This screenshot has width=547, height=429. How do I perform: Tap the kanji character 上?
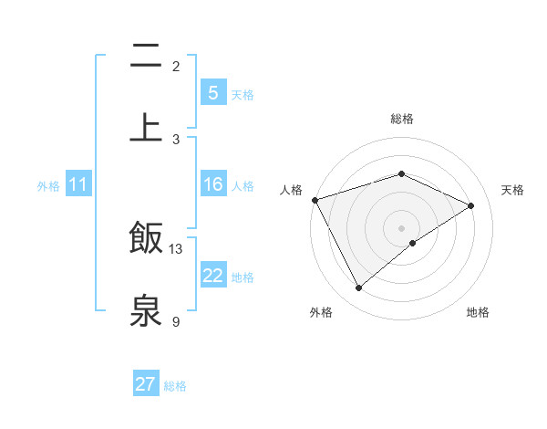pyautogui.click(x=146, y=127)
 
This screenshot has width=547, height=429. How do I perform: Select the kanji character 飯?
pyautogui.click(x=146, y=238)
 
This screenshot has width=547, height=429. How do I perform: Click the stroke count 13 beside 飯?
pyautogui.click(x=176, y=249)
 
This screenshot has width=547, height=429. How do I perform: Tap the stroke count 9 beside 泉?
pyautogui.click(x=176, y=321)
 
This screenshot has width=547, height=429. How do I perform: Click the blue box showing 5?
pyautogui.click(x=212, y=93)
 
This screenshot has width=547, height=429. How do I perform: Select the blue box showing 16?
pyautogui.click(x=212, y=184)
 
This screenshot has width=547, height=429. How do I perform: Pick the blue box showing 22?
pyautogui.click(x=212, y=276)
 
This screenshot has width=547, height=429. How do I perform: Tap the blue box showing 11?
pyautogui.click(x=78, y=184)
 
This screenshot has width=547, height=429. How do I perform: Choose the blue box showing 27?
pyautogui.click(x=146, y=384)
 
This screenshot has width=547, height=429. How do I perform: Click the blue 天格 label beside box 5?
pyautogui.click(x=243, y=94)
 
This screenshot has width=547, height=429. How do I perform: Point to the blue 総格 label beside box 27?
pyautogui.click(x=175, y=385)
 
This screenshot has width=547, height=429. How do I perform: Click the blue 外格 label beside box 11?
pyautogui.click(x=48, y=185)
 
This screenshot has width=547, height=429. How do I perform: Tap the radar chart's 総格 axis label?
pyautogui.click(x=401, y=119)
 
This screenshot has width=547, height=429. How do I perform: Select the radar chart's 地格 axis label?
pyautogui.click(x=478, y=312)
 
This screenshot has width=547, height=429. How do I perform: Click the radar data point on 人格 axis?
pyautogui.click(x=315, y=199)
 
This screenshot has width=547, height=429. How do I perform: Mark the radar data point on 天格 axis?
pyautogui.click(x=471, y=205)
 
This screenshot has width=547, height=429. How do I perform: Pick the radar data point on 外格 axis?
pyautogui.click(x=358, y=288)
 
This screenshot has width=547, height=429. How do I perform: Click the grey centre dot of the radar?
pyautogui.click(x=401, y=227)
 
